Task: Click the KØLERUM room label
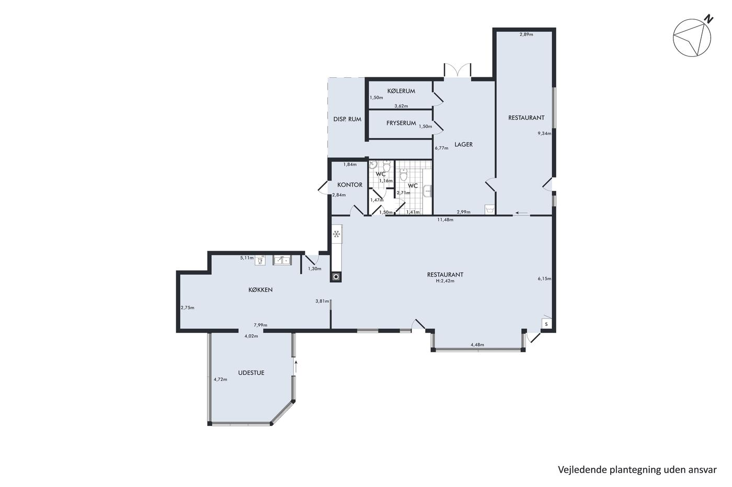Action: (x=401, y=91)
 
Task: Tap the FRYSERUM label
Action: (x=401, y=123)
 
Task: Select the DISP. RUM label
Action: (x=347, y=119)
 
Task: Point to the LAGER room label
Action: (x=463, y=144)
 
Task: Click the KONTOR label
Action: (x=350, y=185)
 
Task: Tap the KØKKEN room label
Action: (x=260, y=290)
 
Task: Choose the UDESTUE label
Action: (x=251, y=373)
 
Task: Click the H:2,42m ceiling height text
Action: (x=445, y=280)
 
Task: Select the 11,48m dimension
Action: (x=445, y=220)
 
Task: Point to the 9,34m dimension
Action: (x=544, y=133)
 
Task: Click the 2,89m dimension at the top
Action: (x=526, y=34)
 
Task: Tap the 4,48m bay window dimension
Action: (x=477, y=345)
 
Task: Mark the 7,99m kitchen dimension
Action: (x=260, y=325)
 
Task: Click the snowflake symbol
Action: (x=337, y=234)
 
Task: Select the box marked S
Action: (x=546, y=324)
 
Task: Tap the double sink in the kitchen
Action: (x=282, y=260)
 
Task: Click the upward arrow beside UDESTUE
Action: (x=296, y=366)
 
